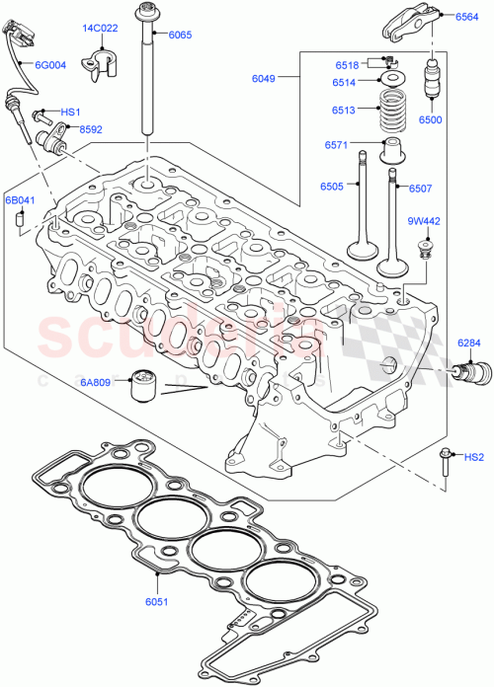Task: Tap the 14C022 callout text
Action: click(100, 29)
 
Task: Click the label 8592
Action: click(91, 129)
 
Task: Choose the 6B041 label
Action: click(20, 200)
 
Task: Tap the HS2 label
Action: click(474, 457)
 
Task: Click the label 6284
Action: click(469, 343)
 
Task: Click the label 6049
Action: click(263, 75)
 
